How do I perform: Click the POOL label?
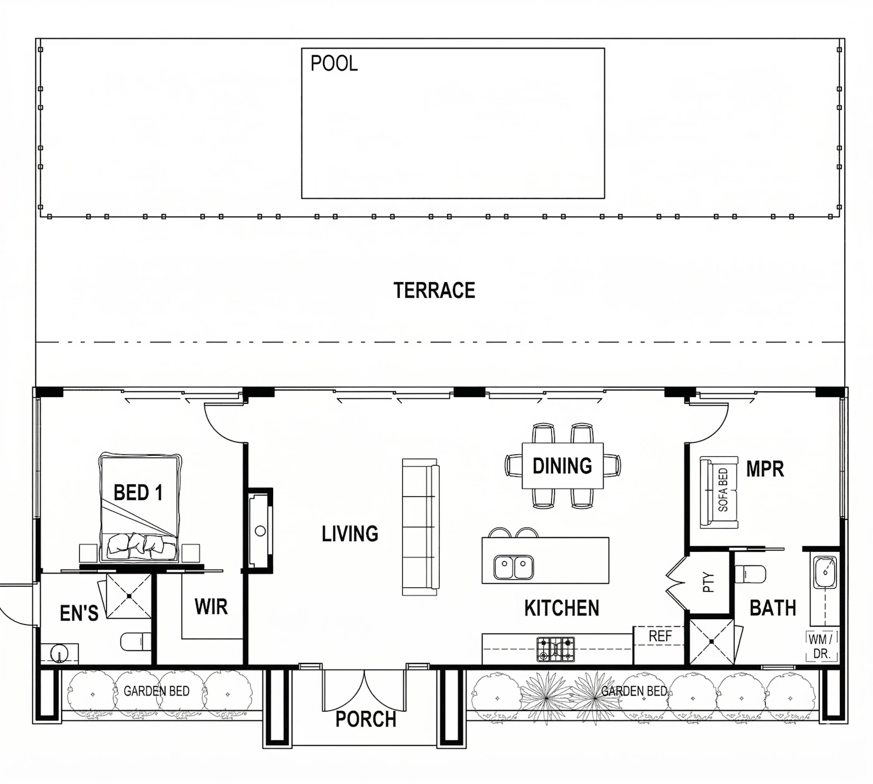pos(334,64)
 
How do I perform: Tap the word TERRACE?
pos(434,290)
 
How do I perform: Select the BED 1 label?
pos(138,492)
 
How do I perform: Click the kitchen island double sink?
pos(513,567)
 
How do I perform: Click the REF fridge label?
pos(660,636)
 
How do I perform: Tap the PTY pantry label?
pos(708,582)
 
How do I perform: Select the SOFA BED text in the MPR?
pos(723,490)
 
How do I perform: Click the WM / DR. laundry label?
pos(822,646)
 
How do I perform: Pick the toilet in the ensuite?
pos(135,642)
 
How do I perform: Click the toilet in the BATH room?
pos(750,574)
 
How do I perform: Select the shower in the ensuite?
pos(129,596)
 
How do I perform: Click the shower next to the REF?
pos(711,642)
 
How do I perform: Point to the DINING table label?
pos(562,466)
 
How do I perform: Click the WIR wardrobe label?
pos(211,607)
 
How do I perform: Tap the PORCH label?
pos(365,719)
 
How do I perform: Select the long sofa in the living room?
pos(420,527)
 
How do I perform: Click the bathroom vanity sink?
pos(825,572)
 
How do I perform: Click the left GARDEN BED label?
pos(157,691)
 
